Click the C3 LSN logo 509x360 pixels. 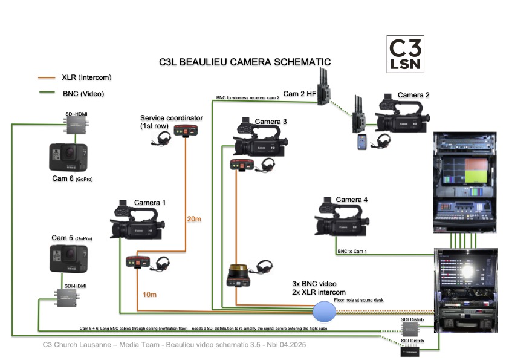coord(405,54)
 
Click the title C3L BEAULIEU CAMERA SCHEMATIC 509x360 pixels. coord(245,62)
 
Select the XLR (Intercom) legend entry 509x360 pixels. coord(86,77)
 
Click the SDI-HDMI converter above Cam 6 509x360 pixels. coord(76,126)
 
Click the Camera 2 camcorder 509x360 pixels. coord(402,116)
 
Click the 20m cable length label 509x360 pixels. coord(194,218)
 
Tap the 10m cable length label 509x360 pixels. coord(149,294)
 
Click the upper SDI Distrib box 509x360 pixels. coord(413,329)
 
